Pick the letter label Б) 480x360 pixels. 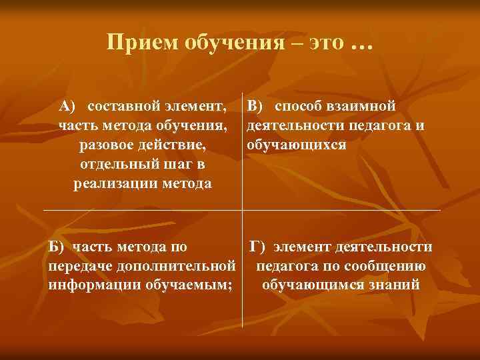[x=58, y=247]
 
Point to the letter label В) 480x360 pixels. [x=256, y=105]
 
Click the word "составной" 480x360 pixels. [x=125, y=105]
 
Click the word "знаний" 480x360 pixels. [x=397, y=285]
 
